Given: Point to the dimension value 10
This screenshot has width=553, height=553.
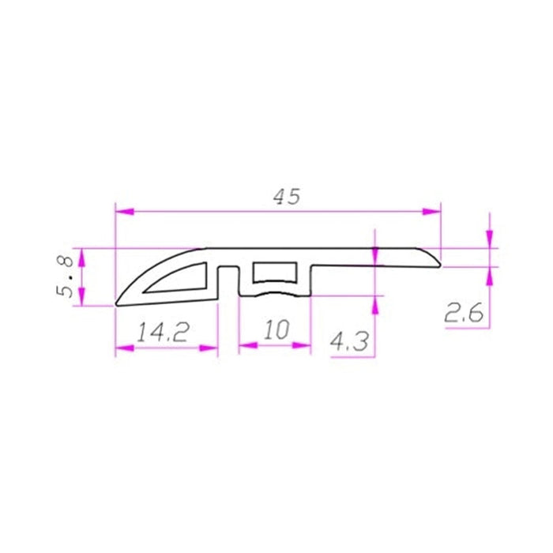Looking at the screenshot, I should tap(276, 329).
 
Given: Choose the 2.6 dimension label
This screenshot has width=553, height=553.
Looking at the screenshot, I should tap(464, 314).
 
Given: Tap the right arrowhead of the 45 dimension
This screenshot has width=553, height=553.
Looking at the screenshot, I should tap(431, 211).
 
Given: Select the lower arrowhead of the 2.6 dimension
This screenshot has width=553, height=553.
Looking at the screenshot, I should tap(490, 276).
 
